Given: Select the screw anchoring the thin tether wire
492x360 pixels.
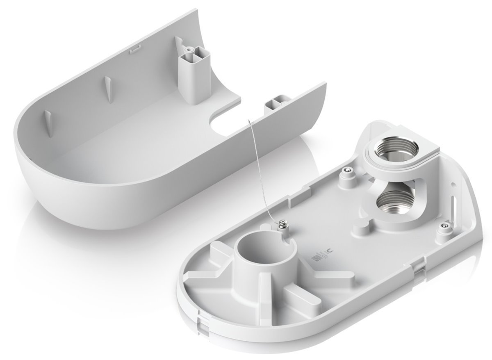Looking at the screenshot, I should pyautogui.click(x=283, y=225).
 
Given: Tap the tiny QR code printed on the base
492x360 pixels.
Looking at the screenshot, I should pyautogui.click(x=316, y=259).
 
